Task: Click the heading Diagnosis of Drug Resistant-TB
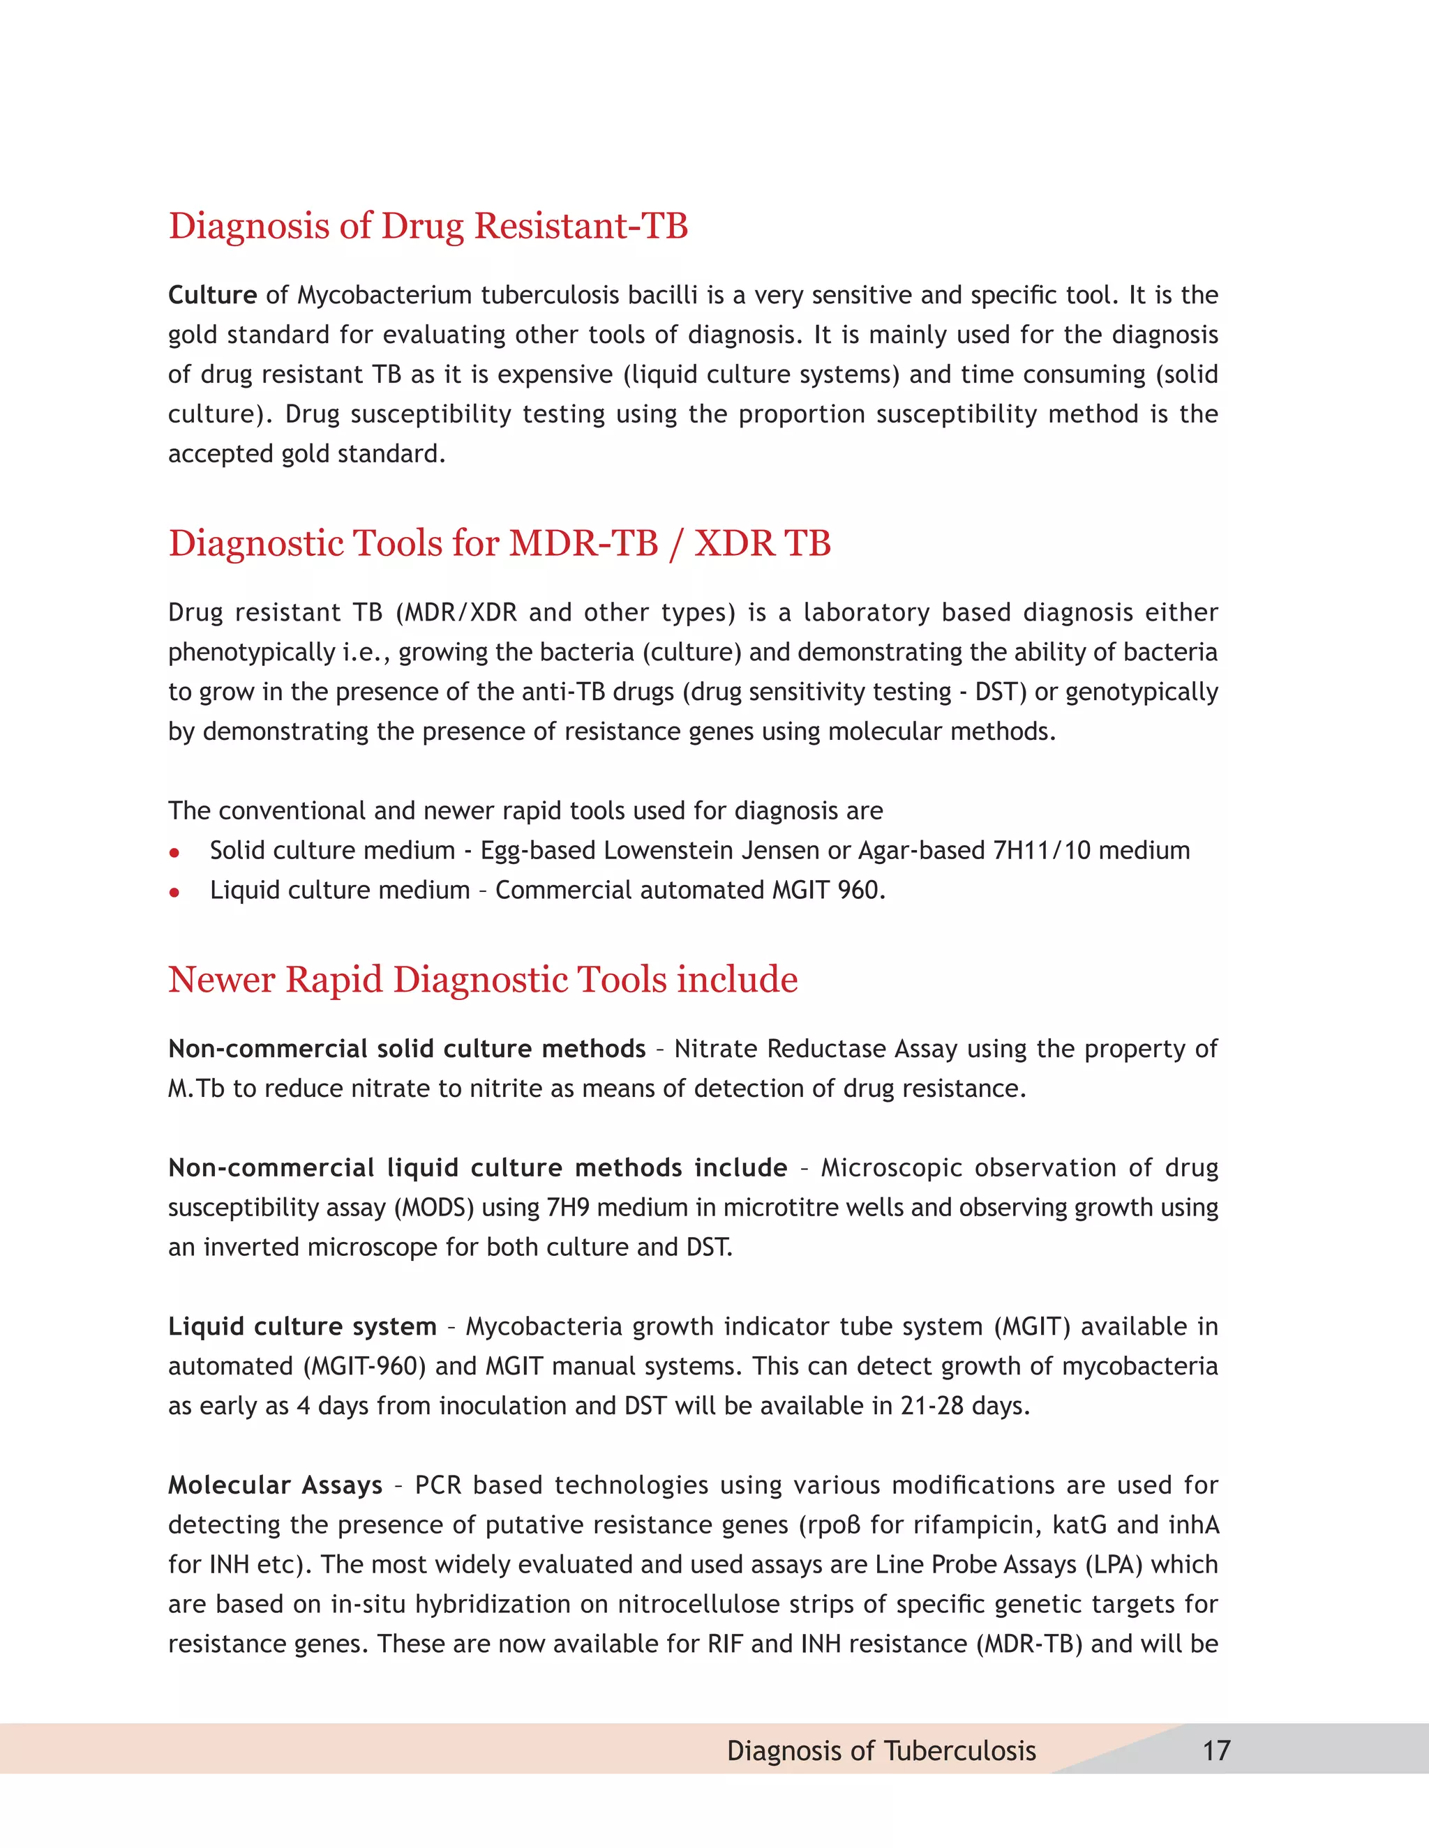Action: point(428,226)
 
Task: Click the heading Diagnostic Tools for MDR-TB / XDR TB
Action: point(500,543)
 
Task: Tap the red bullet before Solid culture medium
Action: point(174,852)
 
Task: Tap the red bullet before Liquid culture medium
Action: point(174,892)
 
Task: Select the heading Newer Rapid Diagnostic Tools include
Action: point(483,980)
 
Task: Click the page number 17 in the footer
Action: point(1216,1750)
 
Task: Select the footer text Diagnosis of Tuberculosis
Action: point(881,1750)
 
